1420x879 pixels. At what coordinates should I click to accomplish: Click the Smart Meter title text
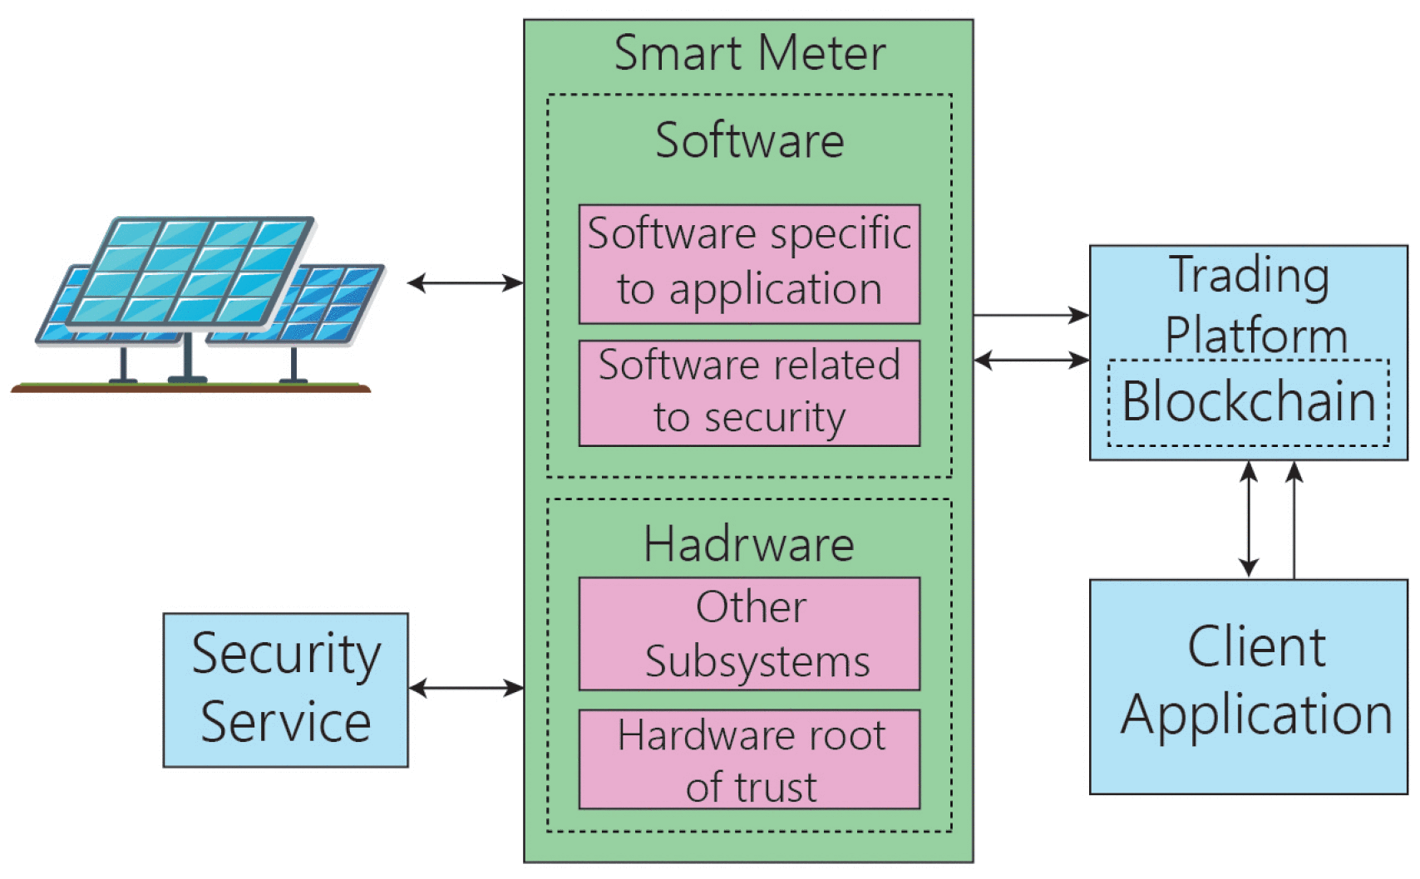pyautogui.click(x=749, y=53)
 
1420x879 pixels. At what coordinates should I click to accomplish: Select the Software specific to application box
pyautogui.click(x=749, y=263)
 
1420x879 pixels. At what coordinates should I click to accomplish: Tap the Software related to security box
pyautogui.click(x=749, y=392)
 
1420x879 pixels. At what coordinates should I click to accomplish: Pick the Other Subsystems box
pyautogui.click(x=749, y=633)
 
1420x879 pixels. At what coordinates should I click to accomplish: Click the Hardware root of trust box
pyautogui.click(x=749, y=759)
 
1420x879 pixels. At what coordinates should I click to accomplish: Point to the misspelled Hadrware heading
pyautogui.click(x=749, y=544)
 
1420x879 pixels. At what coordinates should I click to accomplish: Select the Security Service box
pyautogui.click(x=285, y=690)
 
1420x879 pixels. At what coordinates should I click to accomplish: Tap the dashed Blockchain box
pyautogui.click(x=1248, y=402)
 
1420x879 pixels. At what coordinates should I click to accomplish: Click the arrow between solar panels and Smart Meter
pyautogui.click(x=466, y=283)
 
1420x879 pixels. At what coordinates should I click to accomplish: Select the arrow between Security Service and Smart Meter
pyautogui.click(x=466, y=688)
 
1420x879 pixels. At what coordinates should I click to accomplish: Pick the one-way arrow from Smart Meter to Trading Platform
pyautogui.click(x=1031, y=316)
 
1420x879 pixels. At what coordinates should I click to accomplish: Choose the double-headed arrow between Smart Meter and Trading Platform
pyautogui.click(x=1031, y=360)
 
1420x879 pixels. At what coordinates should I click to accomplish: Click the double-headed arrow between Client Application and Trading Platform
pyautogui.click(x=1248, y=519)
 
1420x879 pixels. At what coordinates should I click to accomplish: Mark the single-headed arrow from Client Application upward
pyautogui.click(x=1294, y=519)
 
